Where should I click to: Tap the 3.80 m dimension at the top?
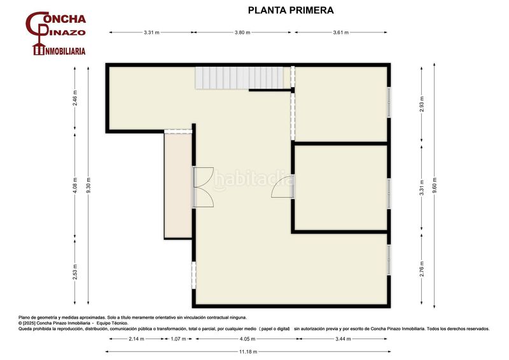242,32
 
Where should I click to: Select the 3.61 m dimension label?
340,32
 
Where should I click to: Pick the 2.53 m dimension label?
75,270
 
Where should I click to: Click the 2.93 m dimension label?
421,104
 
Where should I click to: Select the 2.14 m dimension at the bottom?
136,340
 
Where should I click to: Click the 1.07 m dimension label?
179,340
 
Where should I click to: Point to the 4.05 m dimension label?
244,340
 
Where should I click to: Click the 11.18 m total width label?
244,351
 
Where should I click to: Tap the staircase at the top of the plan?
239,78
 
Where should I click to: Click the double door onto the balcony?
203,186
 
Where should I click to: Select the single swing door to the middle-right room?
282,186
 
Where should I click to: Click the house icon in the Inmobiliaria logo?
38,50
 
